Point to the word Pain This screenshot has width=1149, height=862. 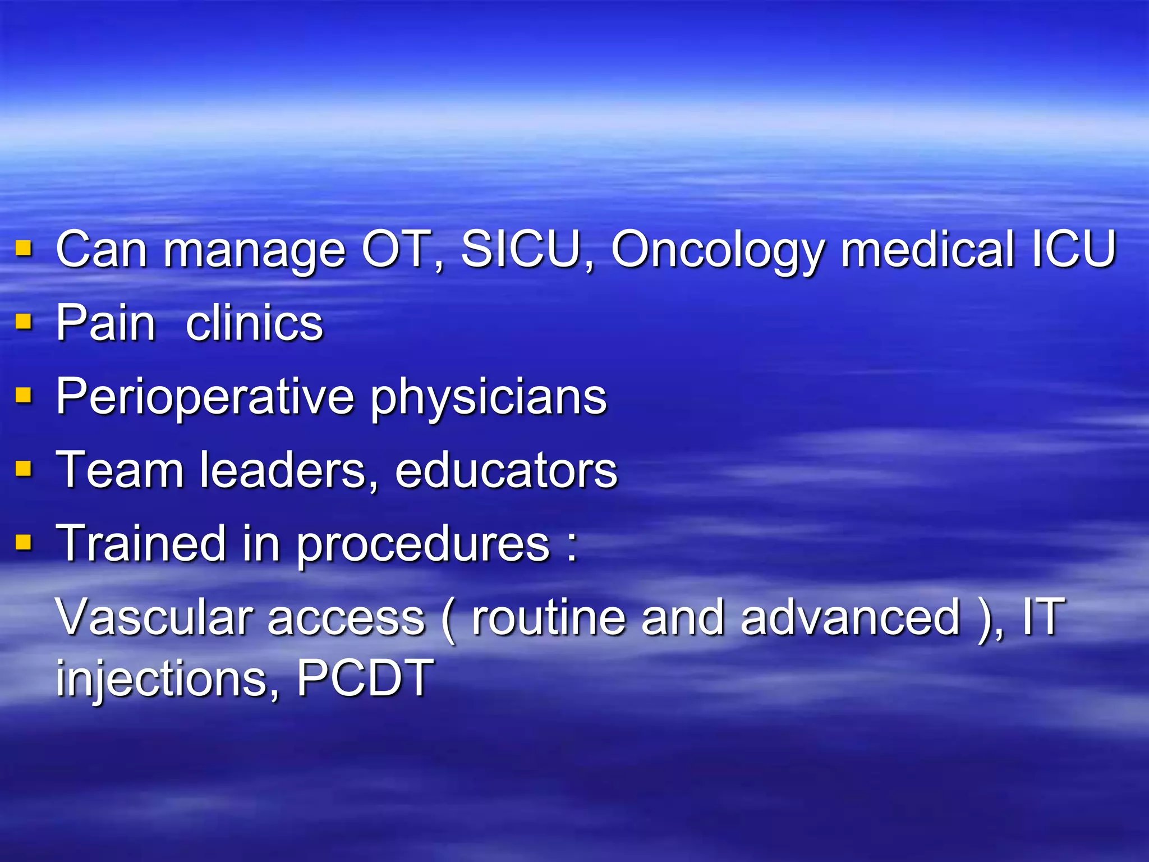(105, 323)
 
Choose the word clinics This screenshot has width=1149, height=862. (254, 323)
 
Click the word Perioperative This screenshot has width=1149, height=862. (205, 397)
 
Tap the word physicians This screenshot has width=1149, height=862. (489, 398)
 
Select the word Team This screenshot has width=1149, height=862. (120, 470)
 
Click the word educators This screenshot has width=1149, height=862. (506, 470)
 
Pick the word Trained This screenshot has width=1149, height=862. (141, 543)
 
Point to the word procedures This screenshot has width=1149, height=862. (423, 545)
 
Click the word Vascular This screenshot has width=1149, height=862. (155, 617)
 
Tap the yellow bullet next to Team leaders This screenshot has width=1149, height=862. (24, 468)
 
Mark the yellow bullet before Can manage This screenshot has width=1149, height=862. (24, 247)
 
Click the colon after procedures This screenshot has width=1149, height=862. (572, 545)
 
